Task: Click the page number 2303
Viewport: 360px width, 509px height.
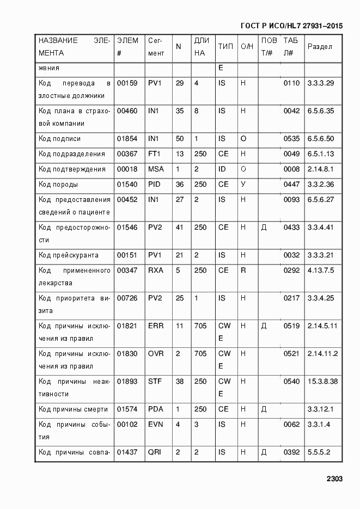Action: click(x=334, y=479)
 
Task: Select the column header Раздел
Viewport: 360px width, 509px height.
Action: click(x=320, y=46)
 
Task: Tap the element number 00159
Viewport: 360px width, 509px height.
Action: click(x=127, y=83)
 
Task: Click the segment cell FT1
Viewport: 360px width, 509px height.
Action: click(x=155, y=154)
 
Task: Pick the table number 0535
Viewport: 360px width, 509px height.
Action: click(x=291, y=139)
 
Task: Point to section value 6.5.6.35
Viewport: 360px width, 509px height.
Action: click(x=321, y=111)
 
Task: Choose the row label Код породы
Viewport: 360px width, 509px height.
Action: click(x=58, y=185)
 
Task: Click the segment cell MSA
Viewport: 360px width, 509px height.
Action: click(x=156, y=169)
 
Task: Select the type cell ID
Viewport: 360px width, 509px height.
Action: click(x=222, y=169)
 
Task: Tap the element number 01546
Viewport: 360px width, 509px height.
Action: click(x=127, y=227)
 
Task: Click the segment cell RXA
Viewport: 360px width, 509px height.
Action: click(x=156, y=271)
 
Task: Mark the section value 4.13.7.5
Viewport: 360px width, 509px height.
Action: click(x=321, y=271)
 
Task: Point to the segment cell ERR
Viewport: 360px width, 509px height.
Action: click(x=156, y=326)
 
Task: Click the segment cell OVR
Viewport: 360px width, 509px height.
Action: click(x=156, y=354)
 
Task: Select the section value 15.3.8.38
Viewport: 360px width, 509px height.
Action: click(x=322, y=382)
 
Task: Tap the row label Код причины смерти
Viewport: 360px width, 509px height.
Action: click(x=73, y=409)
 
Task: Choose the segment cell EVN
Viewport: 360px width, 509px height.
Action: click(x=156, y=425)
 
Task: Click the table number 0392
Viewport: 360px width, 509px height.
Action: click(x=291, y=452)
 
